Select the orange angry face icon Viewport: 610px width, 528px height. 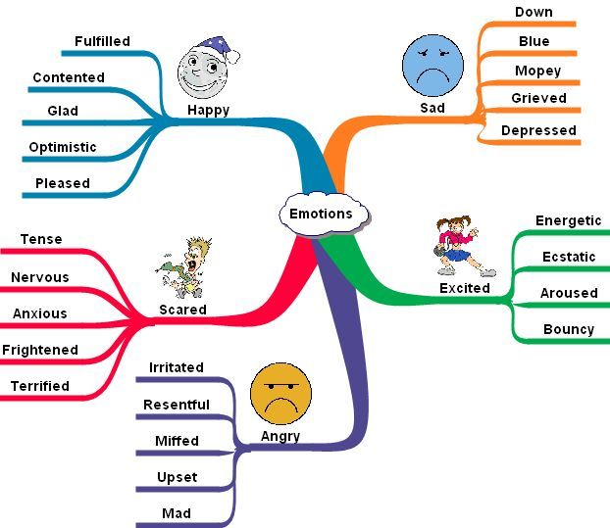click(x=280, y=392)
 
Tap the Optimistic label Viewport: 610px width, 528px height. click(x=63, y=147)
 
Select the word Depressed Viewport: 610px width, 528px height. click(x=538, y=130)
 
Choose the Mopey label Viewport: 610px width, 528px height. click(x=538, y=71)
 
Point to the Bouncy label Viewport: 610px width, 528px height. click(x=569, y=329)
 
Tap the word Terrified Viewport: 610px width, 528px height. click(x=40, y=386)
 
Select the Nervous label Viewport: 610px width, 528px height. click(x=40, y=277)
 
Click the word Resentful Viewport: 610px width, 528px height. click(x=177, y=405)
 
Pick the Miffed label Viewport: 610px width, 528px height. click(x=177, y=441)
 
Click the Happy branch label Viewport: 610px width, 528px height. click(x=209, y=111)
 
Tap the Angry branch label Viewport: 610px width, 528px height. click(x=280, y=436)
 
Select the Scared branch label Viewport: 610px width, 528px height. click(x=182, y=310)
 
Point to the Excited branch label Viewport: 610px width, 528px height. click(x=465, y=288)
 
